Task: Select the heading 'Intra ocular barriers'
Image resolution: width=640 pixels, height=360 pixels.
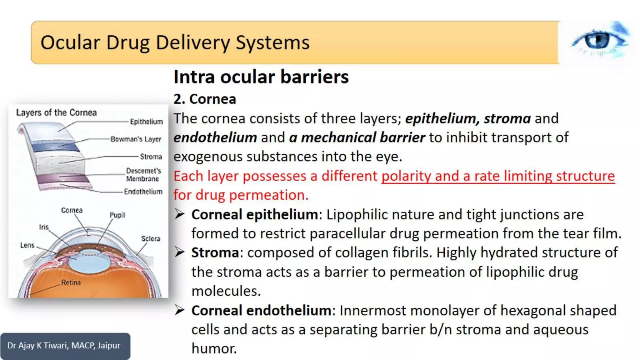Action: pyautogui.click(x=261, y=77)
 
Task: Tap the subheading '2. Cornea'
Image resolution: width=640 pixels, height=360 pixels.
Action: pyautogui.click(x=205, y=99)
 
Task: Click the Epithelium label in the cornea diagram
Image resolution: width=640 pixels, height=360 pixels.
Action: pyautogui.click(x=146, y=122)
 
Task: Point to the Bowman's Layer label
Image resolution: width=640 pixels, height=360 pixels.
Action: pyautogui.click(x=136, y=139)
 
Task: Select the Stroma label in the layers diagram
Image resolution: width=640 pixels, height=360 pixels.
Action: pyautogui.click(x=151, y=156)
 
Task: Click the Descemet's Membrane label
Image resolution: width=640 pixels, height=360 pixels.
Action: pyautogui.click(x=143, y=175)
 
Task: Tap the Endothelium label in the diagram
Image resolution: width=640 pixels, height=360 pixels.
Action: pyautogui.click(x=143, y=191)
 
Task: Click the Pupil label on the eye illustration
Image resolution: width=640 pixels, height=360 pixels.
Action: pyautogui.click(x=117, y=215)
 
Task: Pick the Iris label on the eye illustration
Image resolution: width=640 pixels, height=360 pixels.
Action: pyautogui.click(x=44, y=227)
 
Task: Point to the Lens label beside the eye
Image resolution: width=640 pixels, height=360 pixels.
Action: pyautogui.click(x=27, y=245)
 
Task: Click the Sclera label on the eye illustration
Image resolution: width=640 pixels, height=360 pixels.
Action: pyautogui.click(x=151, y=238)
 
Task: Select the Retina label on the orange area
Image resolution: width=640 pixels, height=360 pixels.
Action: pyautogui.click(x=71, y=282)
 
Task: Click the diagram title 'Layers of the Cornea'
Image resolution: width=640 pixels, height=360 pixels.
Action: pyautogui.click(x=57, y=112)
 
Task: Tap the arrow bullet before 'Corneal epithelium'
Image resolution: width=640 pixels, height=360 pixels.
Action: pyautogui.click(x=180, y=214)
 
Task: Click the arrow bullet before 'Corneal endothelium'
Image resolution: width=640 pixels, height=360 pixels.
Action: pyautogui.click(x=180, y=310)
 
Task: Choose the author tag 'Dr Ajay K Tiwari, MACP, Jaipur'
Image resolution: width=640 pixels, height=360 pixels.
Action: pyautogui.click(x=64, y=345)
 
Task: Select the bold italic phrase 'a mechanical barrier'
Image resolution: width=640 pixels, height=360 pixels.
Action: pyautogui.click(x=357, y=137)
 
